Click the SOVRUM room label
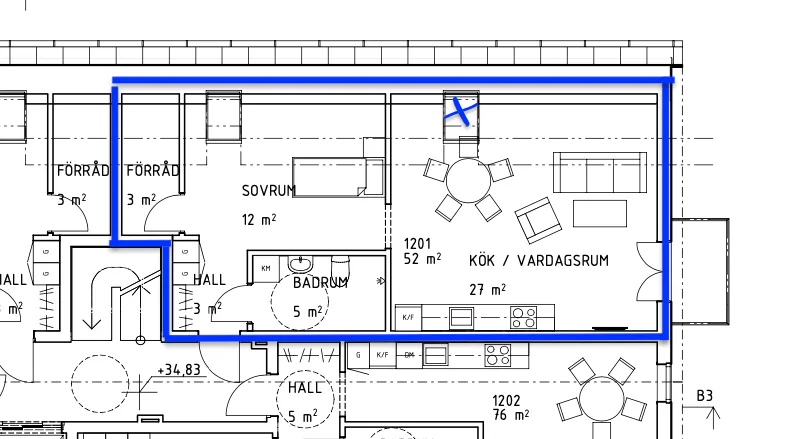tap(269, 190)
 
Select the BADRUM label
tap(320, 283)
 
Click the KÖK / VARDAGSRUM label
tap(539, 260)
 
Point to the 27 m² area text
tap(487, 290)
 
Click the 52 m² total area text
tap(422, 259)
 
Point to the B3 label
tap(705, 396)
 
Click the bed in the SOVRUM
tap(338, 176)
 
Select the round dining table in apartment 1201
tap(467, 180)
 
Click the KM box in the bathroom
tap(266, 268)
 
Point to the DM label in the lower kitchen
tap(409, 354)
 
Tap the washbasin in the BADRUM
tap(300, 264)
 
